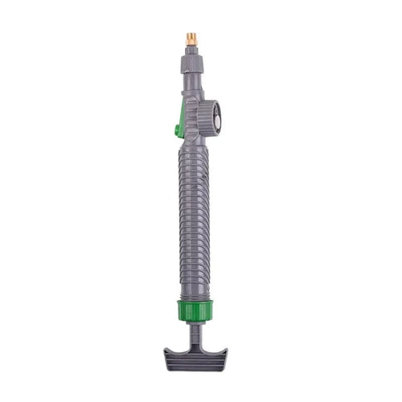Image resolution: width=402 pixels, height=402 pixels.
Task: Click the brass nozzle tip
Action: [x=191, y=38]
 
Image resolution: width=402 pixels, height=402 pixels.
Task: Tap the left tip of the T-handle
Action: [x=166, y=354]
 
